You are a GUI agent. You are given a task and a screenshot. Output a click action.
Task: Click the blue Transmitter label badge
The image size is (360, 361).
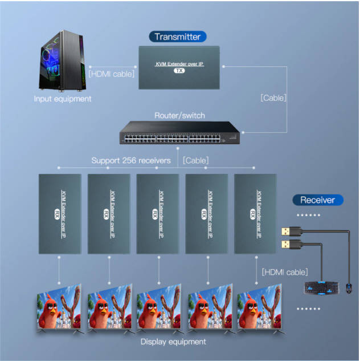[x=178, y=36]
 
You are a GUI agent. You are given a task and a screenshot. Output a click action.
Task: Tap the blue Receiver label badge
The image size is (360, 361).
[x=318, y=200]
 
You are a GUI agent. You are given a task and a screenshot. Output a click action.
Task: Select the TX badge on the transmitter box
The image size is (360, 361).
[x=179, y=71]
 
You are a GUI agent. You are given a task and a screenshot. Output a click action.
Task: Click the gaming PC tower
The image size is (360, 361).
[x=62, y=60]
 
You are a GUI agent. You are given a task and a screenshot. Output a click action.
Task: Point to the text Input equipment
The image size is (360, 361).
[x=62, y=99]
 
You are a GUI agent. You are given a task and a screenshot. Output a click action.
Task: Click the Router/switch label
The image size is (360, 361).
[x=179, y=115]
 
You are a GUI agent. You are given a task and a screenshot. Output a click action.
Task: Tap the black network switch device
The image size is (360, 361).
[x=179, y=133]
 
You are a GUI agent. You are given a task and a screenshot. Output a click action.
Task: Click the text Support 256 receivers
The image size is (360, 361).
[x=131, y=160]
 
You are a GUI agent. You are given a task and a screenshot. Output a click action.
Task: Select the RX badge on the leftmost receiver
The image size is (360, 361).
[x=57, y=214]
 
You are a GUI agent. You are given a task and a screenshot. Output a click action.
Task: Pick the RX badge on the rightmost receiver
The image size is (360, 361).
[x=253, y=214]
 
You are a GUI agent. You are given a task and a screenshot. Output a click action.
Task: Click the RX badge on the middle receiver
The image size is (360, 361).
[x=155, y=214]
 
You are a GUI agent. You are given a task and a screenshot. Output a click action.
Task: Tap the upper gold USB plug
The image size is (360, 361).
[x=291, y=231]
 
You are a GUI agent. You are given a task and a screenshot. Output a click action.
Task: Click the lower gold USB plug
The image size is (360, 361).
[x=291, y=244]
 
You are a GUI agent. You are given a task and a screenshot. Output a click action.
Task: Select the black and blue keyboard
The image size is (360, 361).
[x=321, y=287]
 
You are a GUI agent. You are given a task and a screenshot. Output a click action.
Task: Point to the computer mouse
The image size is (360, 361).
[x=349, y=288]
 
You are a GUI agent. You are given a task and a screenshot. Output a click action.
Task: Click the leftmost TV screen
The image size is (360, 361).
[x=60, y=307]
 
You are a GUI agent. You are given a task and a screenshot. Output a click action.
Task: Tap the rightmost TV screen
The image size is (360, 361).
[x=260, y=307]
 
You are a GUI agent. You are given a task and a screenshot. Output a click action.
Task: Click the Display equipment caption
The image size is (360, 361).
[x=173, y=342]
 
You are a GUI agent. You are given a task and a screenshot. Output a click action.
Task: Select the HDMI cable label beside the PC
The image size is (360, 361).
[x=112, y=74]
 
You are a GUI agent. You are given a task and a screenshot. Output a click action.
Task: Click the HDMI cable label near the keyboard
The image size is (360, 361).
[x=285, y=272]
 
